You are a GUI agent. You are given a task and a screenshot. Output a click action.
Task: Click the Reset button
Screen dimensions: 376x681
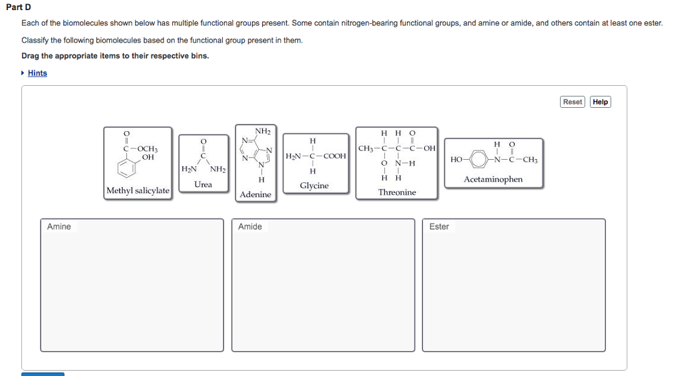point(572,102)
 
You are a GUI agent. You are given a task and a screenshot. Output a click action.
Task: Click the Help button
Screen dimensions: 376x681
point(600,102)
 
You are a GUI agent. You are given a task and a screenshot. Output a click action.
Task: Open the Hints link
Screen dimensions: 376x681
point(37,73)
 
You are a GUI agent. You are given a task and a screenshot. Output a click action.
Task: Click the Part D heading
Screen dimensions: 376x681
point(19,7)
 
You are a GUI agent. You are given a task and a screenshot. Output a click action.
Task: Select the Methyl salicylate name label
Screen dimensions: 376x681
point(138,191)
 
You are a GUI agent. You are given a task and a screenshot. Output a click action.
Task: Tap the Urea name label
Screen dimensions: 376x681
point(203,184)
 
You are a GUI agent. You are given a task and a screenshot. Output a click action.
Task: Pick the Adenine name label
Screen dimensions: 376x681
point(255,194)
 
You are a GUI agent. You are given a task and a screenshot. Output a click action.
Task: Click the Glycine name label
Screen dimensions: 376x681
point(314,186)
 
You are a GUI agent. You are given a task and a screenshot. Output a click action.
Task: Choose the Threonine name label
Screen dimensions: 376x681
point(397,192)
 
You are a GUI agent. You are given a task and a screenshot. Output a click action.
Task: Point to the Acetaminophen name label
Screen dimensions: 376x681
point(493,180)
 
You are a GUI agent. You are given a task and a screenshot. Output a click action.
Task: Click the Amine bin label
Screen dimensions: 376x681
point(59,227)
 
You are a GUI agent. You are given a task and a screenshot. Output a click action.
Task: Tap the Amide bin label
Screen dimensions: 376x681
point(250,227)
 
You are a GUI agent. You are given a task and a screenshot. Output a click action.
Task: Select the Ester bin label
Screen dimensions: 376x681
point(439,227)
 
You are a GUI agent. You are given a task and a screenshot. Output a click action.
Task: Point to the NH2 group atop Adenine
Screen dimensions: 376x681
point(262,131)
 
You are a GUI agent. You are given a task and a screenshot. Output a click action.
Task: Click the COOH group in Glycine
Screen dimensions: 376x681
point(335,156)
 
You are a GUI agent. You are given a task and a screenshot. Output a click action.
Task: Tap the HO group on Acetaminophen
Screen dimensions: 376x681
point(456,160)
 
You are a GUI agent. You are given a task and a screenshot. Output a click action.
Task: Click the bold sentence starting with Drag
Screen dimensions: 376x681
point(115,56)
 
